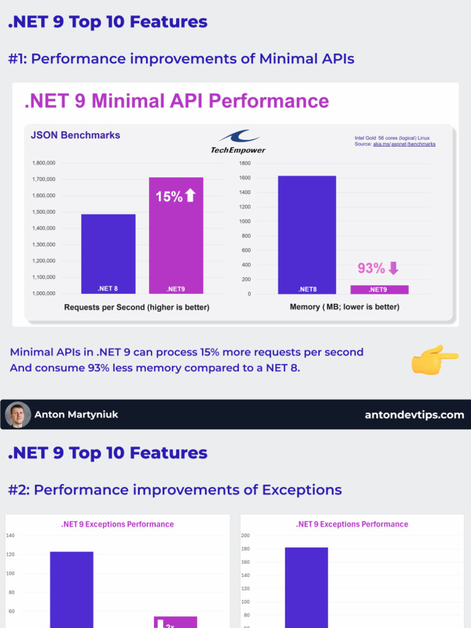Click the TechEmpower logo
[x=238, y=141]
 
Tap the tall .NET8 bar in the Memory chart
[x=307, y=233]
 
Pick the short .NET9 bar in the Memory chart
[x=379, y=289]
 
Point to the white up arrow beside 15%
[x=190, y=196]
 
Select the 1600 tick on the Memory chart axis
[x=245, y=178]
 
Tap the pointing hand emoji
[x=434, y=360]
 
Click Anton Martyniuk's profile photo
[x=18, y=415]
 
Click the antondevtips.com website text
[x=414, y=415]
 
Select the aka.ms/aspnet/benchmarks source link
[x=404, y=144]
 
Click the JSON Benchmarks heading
[x=75, y=135]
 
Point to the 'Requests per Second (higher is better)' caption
[x=137, y=307]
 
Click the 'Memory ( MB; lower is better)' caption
[x=344, y=307]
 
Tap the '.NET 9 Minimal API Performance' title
[x=177, y=101]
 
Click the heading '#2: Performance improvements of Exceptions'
[x=175, y=490]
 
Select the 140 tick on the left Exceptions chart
[x=10, y=535]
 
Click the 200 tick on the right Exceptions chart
[x=245, y=535]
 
